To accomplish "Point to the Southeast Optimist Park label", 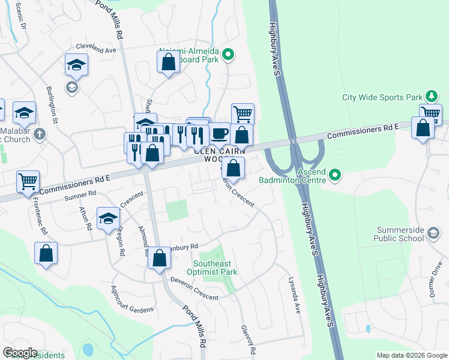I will pyautogui.click(x=215, y=268).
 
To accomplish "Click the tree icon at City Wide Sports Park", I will pyautogui.click(x=430, y=96).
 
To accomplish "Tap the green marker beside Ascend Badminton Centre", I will pyautogui.click(x=335, y=175).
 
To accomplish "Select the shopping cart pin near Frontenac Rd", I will pyautogui.click(x=28, y=181).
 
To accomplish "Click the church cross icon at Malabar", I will pyautogui.click(x=40, y=133).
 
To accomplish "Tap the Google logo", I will pyautogui.click(x=20, y=353).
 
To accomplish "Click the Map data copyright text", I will pyautogui.click(x=411, y=355).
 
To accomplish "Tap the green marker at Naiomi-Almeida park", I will pyautogui.click(x=228, y=56).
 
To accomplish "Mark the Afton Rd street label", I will pyautogui.click(x=84, y=219).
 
